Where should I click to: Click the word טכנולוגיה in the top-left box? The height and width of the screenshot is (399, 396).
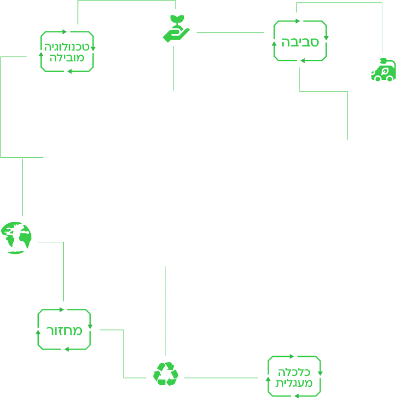[x=67, y=47]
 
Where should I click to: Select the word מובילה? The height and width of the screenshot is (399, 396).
[x=67, y=58]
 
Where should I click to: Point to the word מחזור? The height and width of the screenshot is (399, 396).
[x=64, y=331]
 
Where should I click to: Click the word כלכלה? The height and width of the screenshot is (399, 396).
[x=295, y=372]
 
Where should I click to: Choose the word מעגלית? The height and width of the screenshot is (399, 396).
[x=295, y=383]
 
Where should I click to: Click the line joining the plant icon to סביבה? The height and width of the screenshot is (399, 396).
[x=230, y=33]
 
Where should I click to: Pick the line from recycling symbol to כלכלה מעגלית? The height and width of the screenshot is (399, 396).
[x=219, y=378]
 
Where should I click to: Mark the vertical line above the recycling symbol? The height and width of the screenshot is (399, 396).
[x=167, y=308]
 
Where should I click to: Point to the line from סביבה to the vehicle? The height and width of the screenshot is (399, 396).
[x=343, y=3]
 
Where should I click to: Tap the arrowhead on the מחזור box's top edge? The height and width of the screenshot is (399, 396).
[x=61, y=309]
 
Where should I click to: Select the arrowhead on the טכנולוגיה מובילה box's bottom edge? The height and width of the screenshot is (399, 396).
[x=70, y=72]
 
